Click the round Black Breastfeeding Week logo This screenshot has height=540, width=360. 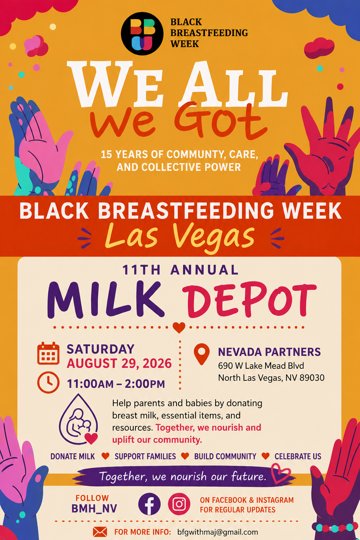pyautogui.click(x=142, y=34)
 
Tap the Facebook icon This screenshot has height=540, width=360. pyautogui.click(x=149, y=504)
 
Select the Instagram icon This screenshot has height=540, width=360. pyautogui.click(x=179, y=504)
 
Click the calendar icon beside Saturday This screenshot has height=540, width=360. pyautogui.click(x=48, y=353)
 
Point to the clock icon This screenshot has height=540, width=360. pyautogui.click(x=48, y=382)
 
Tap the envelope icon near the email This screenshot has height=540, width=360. pyautogui.click(x=100, y=532)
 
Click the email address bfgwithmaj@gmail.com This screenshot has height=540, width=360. pyautogui.click(x=218, y=532)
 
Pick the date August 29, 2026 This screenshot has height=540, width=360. pyautogui.click(x=119, y=364)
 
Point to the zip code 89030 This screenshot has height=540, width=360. pyautogui.click(x=312, y=378)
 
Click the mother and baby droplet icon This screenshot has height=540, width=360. pyautogui.click(x=78, y=420)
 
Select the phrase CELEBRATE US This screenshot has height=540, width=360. pyautogui.click(x=298, y=456)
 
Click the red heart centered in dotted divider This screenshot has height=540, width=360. pyautogui.click(x=179, y=328)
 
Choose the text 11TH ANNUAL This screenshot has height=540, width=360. pyautogui.click(x=180, y=270)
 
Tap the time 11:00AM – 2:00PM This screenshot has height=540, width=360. pyautogui.click(x=116, y=384)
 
